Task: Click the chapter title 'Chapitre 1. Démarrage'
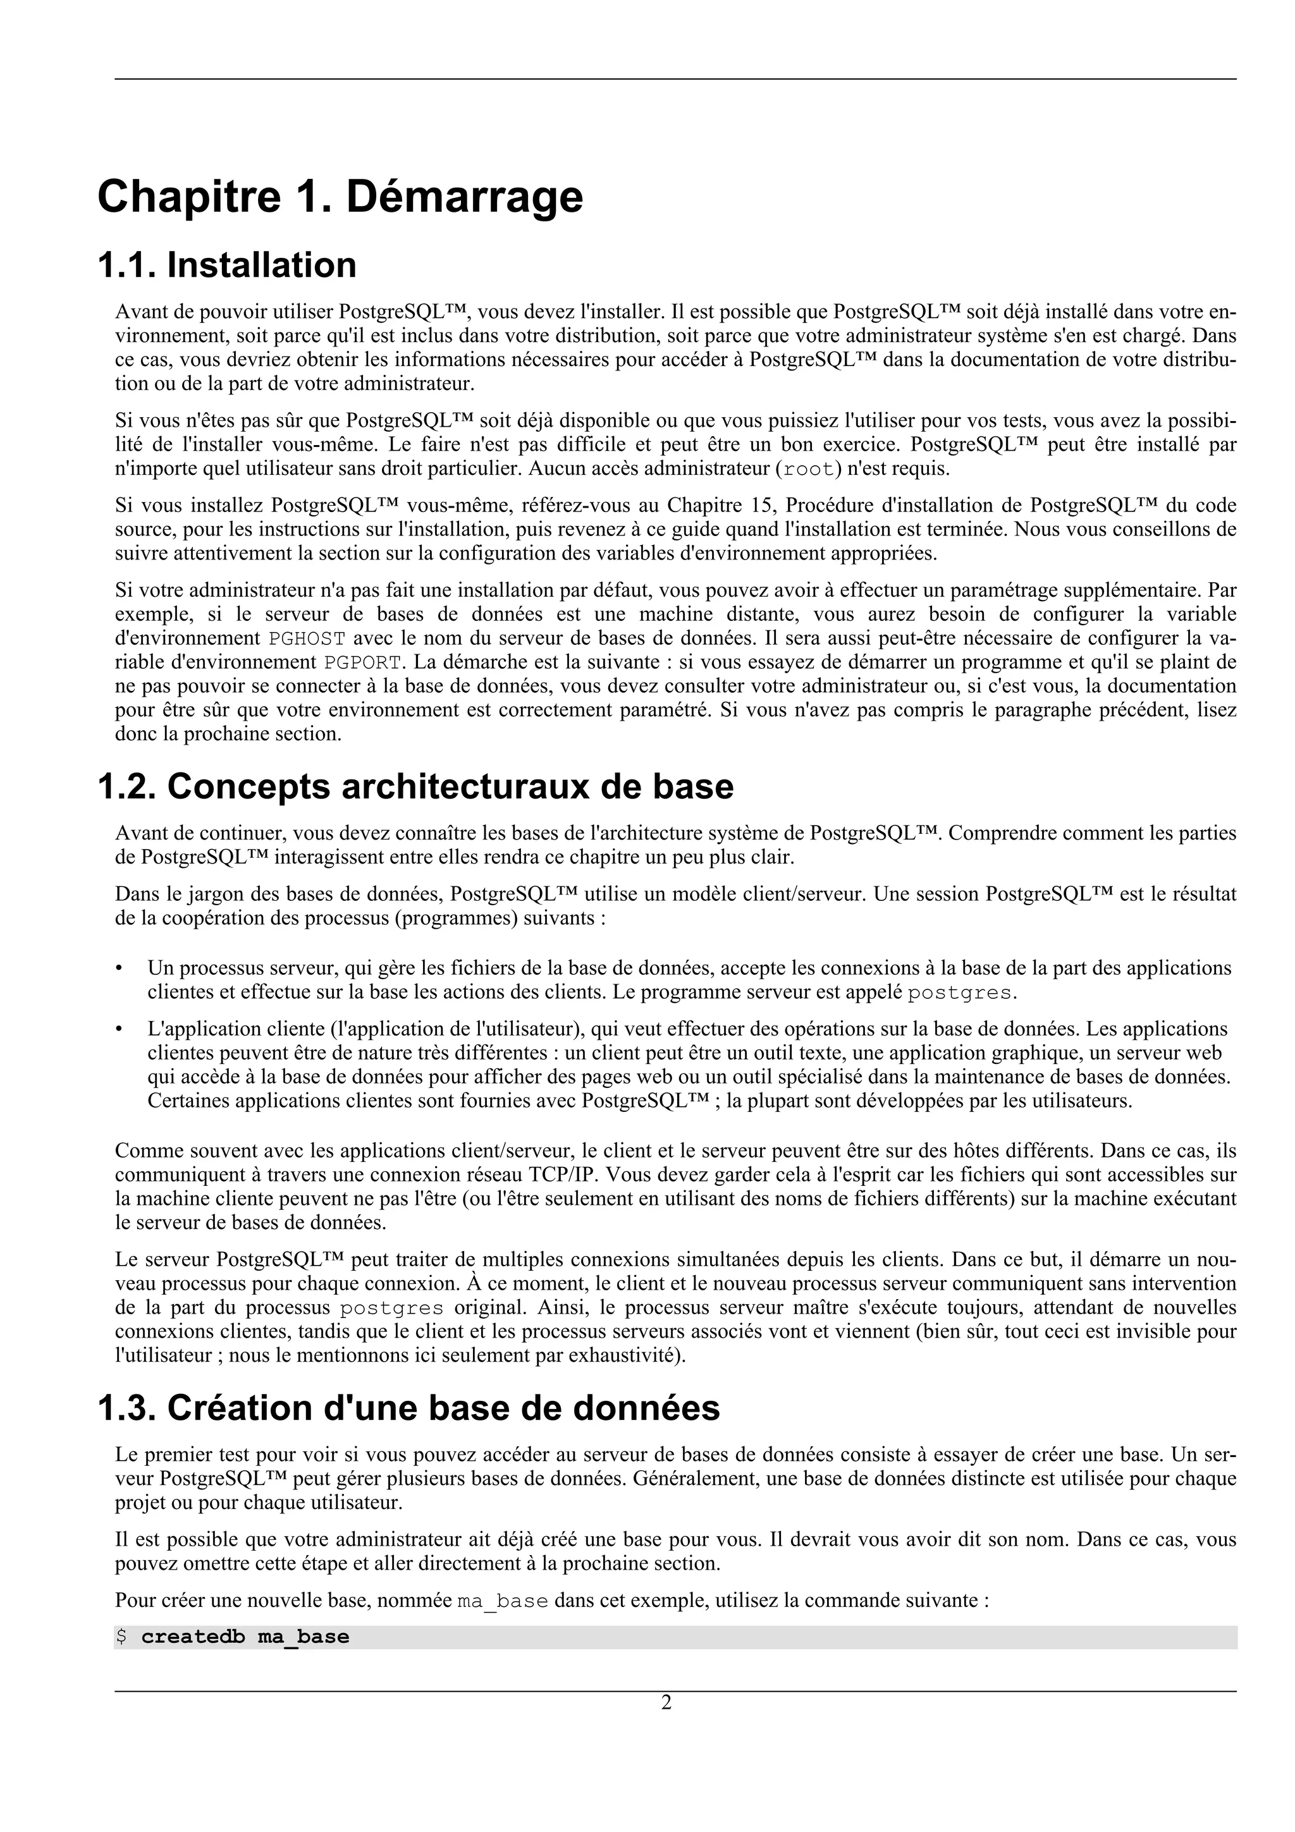click(340, 197)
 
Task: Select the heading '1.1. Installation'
click(226, 266)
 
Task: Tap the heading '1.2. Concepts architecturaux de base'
click(415, 788)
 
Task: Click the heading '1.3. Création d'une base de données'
click(408, 1408)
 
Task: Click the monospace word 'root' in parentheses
click(809, 469)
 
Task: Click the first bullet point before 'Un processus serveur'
click(120, 968)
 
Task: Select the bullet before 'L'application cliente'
click(120, 1029)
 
